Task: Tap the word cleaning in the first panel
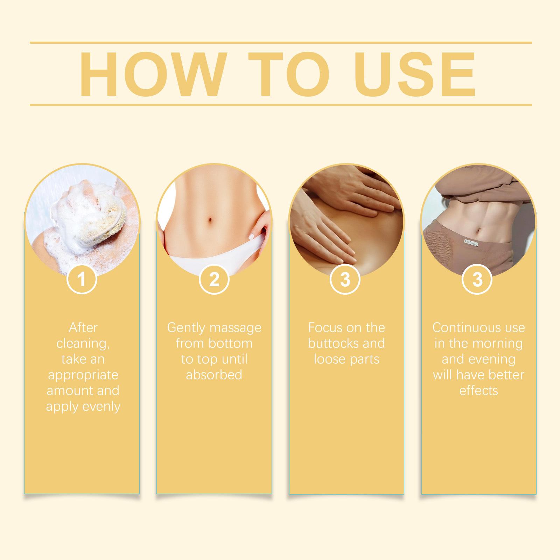(x=83, y=343)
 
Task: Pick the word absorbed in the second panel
(x=214, y=375)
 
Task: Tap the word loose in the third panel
(x=328, y=359)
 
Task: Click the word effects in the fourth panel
(x=478, y=391)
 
